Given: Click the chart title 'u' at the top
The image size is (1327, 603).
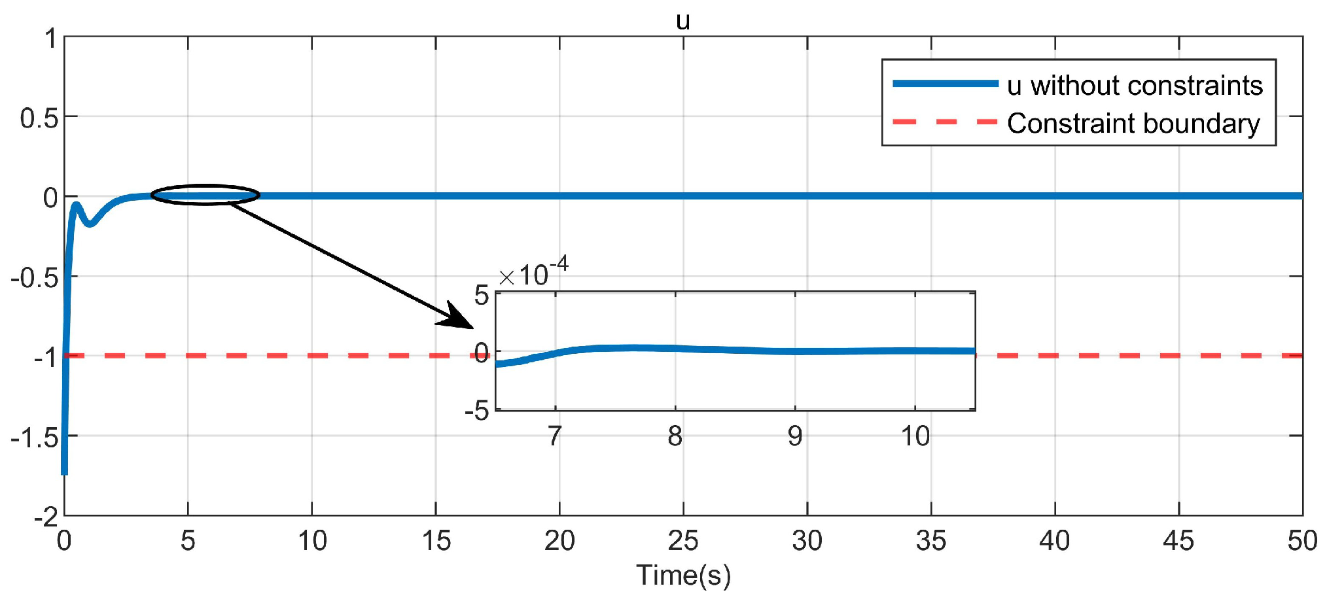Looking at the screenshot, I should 682,22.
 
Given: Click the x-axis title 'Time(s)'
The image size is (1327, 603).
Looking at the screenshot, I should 683,576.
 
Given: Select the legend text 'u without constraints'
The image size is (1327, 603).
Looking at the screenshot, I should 1135,86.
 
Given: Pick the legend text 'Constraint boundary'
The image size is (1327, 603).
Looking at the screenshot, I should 1133,124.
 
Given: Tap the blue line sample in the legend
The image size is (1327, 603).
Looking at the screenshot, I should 946,84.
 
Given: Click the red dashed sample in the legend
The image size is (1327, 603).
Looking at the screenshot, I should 946,122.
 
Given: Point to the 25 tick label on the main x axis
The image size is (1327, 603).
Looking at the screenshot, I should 683,541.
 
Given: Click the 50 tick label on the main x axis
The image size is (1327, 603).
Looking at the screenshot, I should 1301,541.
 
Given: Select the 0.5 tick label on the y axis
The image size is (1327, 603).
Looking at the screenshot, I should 39,118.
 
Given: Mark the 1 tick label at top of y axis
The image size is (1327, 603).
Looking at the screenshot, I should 51,39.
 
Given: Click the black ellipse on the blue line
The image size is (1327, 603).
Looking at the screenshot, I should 205,195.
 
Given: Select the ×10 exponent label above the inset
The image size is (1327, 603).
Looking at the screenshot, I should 533,273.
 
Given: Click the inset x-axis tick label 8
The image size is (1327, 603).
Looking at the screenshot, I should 675,436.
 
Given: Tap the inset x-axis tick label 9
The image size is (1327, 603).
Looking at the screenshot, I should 794,436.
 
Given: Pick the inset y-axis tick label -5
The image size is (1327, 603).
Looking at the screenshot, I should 476,411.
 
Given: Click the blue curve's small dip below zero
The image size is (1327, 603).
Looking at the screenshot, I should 90,224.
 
